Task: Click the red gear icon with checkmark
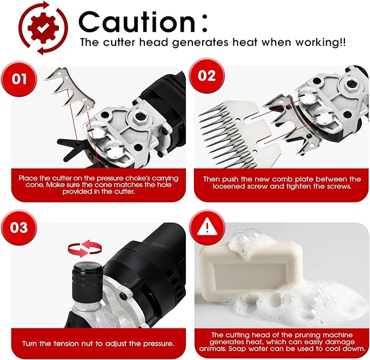43,28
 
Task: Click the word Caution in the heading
137,22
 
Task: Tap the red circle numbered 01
19,79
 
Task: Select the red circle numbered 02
207,76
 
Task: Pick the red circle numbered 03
19,227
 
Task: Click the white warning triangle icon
207,227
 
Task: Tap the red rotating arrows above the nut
84,248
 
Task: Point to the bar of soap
250,270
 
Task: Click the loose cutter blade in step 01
70,92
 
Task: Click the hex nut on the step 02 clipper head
351,84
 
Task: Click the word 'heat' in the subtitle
245,43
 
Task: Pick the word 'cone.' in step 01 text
35,185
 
